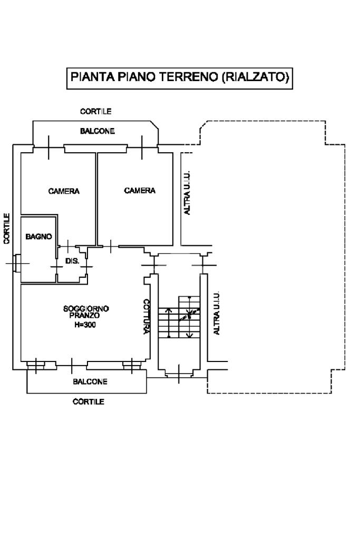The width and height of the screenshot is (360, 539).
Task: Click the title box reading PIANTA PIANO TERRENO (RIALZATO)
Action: pyautogui.click(x=180, y=77)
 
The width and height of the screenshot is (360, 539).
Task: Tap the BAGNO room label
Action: pyautogui.click(x=38, y=237)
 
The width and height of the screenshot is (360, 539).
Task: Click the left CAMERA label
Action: pyautogui.click(x=64, y=191)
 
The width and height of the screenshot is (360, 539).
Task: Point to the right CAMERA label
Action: pyautogui.click(x=140, y=191)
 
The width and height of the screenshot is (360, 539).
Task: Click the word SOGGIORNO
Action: pyautogui.click(x=86, y=309)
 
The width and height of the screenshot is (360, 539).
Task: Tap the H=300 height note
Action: pyautogui.click(x=85, y=325)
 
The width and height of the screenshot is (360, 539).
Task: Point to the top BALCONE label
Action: pyautogui.click(x=98, y=131)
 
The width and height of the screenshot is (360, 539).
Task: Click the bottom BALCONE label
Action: pyautogui.click(x=90, y=381)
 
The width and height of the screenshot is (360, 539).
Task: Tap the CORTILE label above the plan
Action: pyautogui.click(x=95, y=112)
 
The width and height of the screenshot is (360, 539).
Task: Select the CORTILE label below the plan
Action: pyautogui.click(x=88, y=402)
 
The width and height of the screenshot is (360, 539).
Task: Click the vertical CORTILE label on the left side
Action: pyautogui.click(x=6, y=228)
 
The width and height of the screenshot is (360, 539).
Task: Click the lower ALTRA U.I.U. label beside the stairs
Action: pyautogui.click(x=216, y=313)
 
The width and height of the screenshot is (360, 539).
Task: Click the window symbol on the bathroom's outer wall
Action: pyautogui.click(x=17, y=262)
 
